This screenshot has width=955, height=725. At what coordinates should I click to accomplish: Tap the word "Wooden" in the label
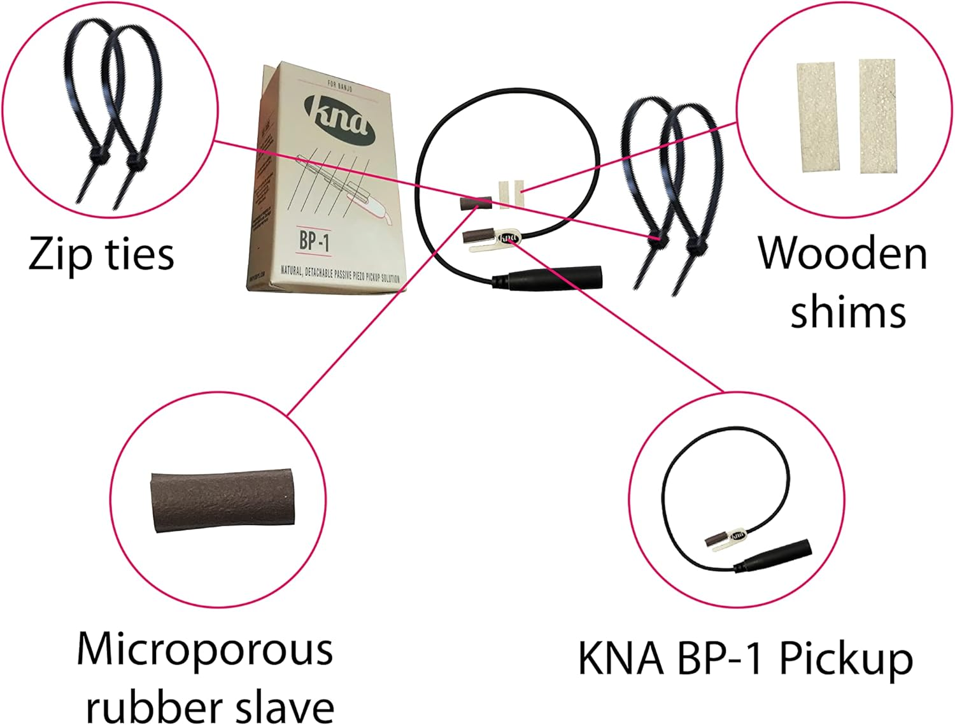tap(842, 254)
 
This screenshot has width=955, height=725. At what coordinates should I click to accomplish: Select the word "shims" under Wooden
tap(848, 312)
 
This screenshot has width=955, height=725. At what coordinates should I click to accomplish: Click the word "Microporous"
tap(205, 650)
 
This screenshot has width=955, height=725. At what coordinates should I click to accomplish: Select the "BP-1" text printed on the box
tap(315, 241)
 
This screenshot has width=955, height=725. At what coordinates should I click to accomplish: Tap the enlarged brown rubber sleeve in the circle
tap(223, 500)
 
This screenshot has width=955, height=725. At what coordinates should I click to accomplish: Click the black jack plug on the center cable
tap(548, 276)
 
